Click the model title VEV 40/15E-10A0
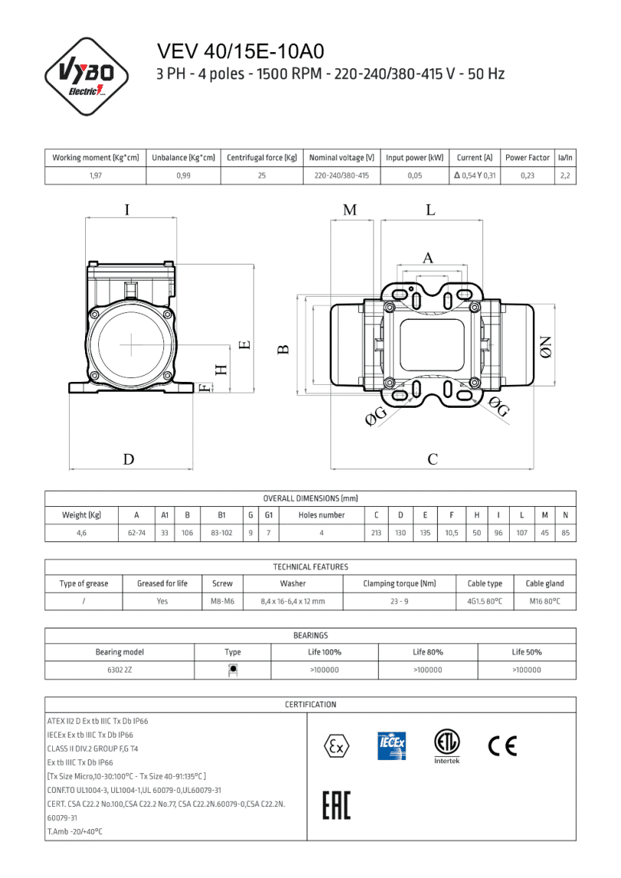tap(241, 51)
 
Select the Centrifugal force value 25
tap(261, 176)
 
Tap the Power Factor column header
tap(527, 158)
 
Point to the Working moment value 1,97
tap(95, 176)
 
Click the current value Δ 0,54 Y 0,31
tap(475, 176)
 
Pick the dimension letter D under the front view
tap(129, 459)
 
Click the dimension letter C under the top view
tap(432, 459)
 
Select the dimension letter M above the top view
tap(350, 209)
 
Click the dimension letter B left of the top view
tap(283, 349)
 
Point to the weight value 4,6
tap(80, 533)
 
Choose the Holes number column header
tap(321, 515)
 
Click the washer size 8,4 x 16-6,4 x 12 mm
tap(294, 602)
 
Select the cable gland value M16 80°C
tap(544, 602)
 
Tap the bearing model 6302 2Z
tap(119, 670)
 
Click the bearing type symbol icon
tap(233, 669)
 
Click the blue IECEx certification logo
tap(392, 746)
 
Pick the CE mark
tap(502, 745)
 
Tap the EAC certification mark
tap(336, 806)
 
